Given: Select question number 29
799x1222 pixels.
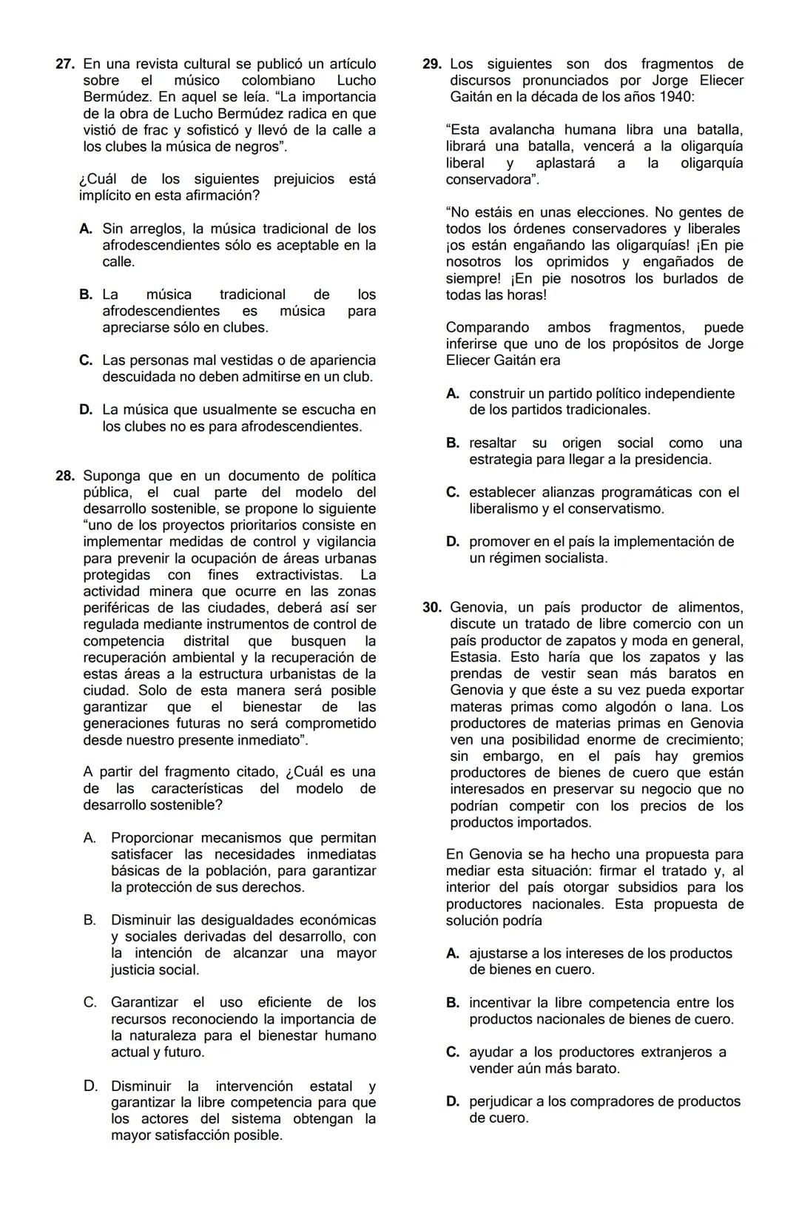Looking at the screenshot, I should (432, 64).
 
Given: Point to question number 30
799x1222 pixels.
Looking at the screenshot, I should (432, 608).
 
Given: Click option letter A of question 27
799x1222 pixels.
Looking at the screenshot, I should (86, 229).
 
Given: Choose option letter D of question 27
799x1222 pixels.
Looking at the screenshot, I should (86, 409).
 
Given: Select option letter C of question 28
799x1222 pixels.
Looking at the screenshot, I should (90, 1002).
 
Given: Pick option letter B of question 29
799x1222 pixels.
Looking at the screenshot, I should (453, 443).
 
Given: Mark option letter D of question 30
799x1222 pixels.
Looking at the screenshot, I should (453, 1101).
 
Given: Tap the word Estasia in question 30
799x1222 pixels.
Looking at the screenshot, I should (473, 657).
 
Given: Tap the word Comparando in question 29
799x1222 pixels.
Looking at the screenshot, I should (488, 327).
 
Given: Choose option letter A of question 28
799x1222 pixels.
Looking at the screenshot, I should (90, 838).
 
